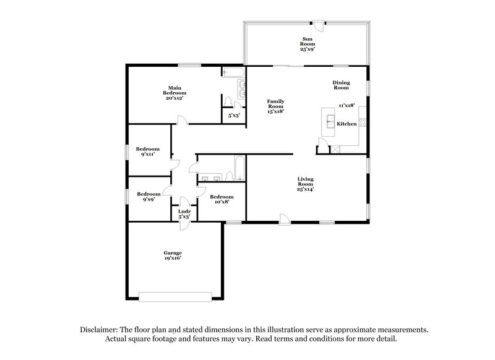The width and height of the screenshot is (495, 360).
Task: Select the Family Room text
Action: [x=276, y=106]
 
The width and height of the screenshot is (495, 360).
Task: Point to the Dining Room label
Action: [x=342, y=85]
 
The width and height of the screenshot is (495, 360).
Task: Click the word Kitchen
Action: [x=346, y=124]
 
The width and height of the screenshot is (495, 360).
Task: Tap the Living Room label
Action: [x=305, y=184]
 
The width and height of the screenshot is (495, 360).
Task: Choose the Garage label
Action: [x=173, y=255]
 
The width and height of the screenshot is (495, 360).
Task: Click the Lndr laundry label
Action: [x=184, y=214]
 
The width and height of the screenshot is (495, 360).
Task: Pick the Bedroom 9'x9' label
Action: [x=148, y=196]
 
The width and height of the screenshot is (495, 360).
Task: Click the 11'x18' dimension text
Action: [x=346, y=106]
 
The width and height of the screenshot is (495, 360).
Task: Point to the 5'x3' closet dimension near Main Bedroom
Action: [x=234, y=115]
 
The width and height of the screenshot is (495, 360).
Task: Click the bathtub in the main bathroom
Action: [x=235, y=73]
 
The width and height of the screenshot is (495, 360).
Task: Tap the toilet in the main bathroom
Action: [x=227, y=100]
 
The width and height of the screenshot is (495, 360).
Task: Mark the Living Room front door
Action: [x=283, y=218]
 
